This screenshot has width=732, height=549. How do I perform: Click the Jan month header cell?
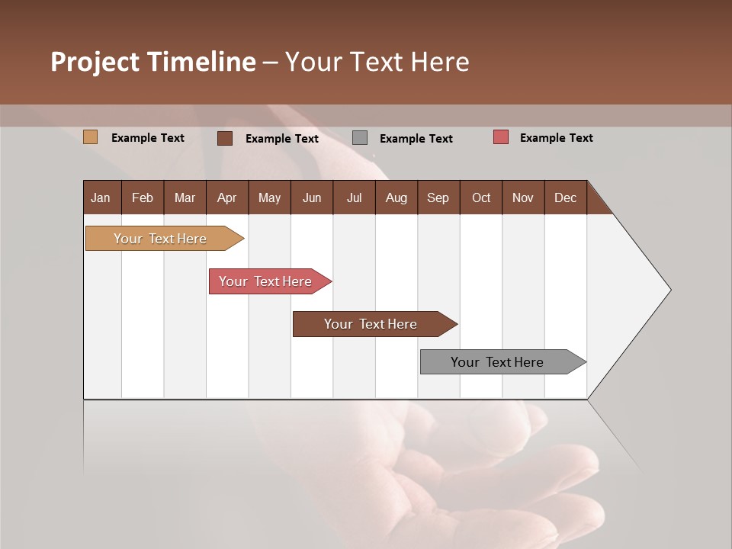pyautogui.click(x=101, y=197)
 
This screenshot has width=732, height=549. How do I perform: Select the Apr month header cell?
pyautogui.click(x=226, y=197)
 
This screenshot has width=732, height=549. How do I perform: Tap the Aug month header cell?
pyautogui.click(x=396, y=197)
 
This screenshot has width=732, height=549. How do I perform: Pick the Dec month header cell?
pyautogui.click(x=565, y=197)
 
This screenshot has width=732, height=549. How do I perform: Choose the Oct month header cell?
pyautogui.click(x=480, y=197)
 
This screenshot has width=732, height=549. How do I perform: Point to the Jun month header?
pyautogui.click(x=311, y=197)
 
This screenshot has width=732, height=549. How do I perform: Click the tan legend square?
pyautogui.click(x=90, y=137)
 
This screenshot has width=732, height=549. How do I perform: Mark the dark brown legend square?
pyautogui.click(x=225, y=138)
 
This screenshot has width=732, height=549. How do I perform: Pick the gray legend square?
pyautogui.click(x=360, y=138)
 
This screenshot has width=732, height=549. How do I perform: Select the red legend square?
pyautogui.click(x=501, y=137)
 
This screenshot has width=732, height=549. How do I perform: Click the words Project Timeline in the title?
pyautogui.click(x=152, y=62)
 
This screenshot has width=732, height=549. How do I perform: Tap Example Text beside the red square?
pyautogui.click(x=556, y=138)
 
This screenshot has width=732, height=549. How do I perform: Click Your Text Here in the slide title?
pyautogui.click(x=377, y=62)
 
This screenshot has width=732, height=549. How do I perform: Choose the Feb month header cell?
pyautogui.click(x=143, y=197)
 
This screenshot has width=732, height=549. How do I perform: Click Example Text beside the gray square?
pyautogui.click(x=416, y=139)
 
